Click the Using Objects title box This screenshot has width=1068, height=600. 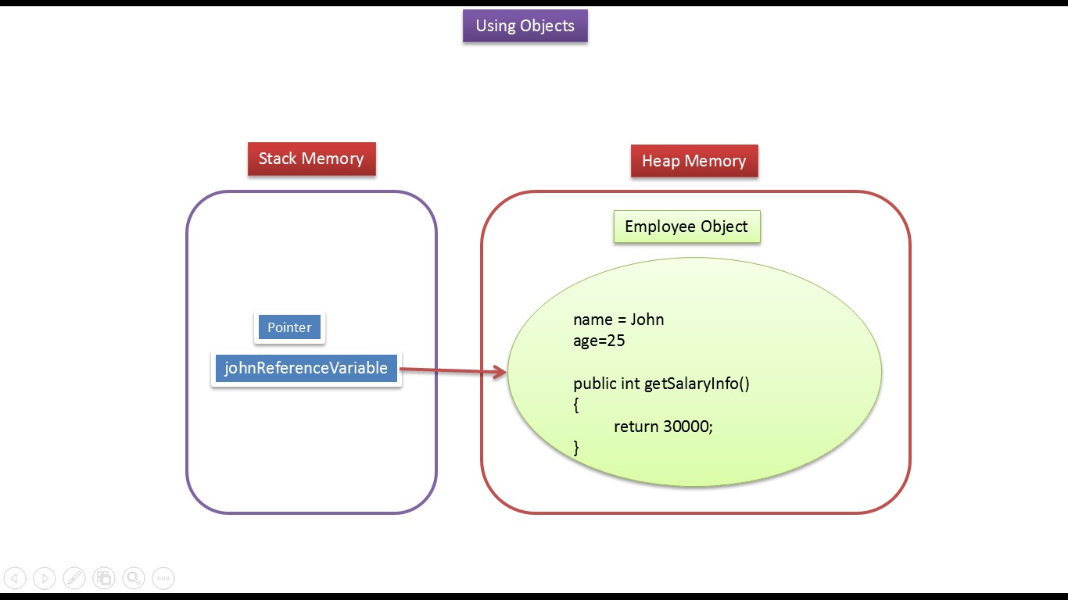coord(525,26)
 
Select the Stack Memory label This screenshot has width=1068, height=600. coord(311,159)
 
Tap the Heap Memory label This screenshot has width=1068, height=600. coord(694,161)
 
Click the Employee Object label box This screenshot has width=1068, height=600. coord(686,227)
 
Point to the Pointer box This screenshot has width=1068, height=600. coord(289,327)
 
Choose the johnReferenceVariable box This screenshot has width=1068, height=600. coord(306,368)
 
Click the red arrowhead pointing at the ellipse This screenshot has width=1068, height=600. coord(500,373)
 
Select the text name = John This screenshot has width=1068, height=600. coord(618,320)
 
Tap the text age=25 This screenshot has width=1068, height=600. coord(599,341)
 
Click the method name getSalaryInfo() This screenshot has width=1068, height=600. coord(697,384)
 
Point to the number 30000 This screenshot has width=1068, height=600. coord(686,427)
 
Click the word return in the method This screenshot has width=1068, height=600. coord(636,427)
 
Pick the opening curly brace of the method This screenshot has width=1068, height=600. coord(576,405)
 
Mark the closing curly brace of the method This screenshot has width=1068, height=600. coord(576,448)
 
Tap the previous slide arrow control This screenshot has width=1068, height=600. coord(15,578)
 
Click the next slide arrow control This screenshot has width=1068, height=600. coord(45,578)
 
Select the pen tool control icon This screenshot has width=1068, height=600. coord(74,578)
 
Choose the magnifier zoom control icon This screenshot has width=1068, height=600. coord(134,578)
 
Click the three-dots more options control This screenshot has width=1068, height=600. coord(163,578)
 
